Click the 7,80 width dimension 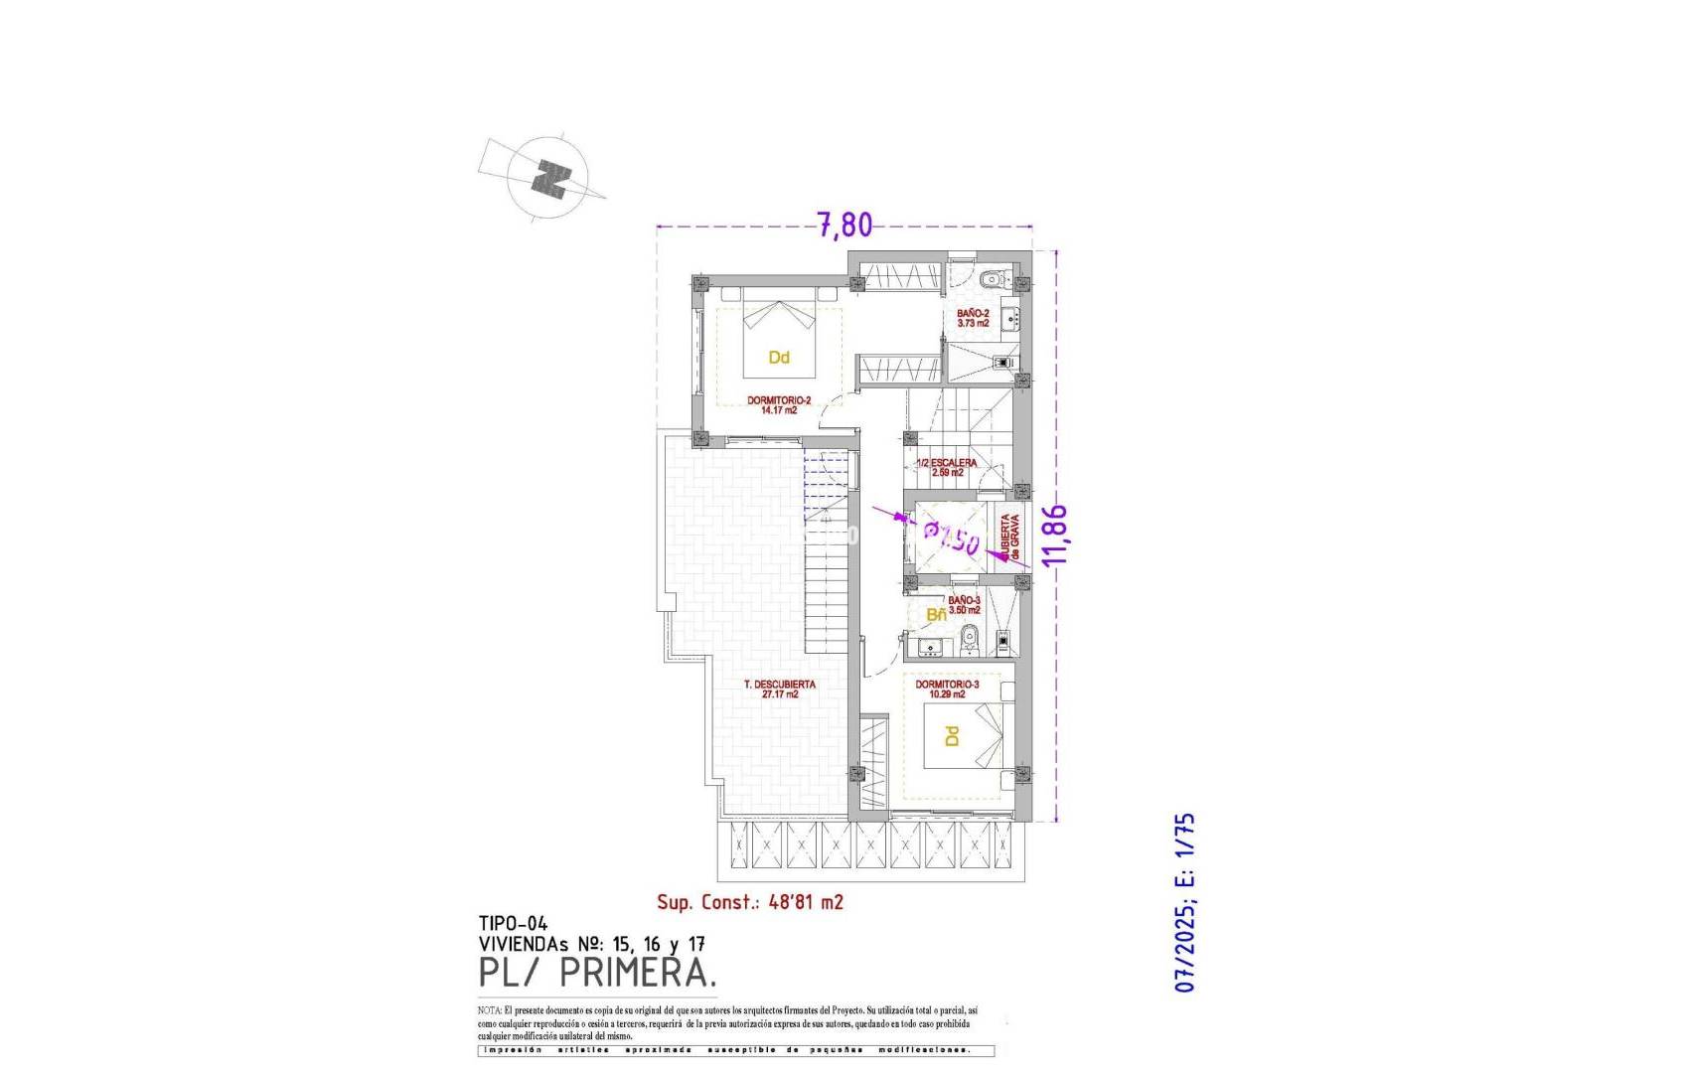(x=844, y=225)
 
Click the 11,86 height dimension (x=1054, y=535)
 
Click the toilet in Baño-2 (x=990, y=279)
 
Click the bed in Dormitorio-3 (x=964, y=735)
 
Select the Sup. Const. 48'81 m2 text (x=750, y=902)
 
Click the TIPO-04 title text (x=513, y=924)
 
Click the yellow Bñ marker (x=936, y=615)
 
